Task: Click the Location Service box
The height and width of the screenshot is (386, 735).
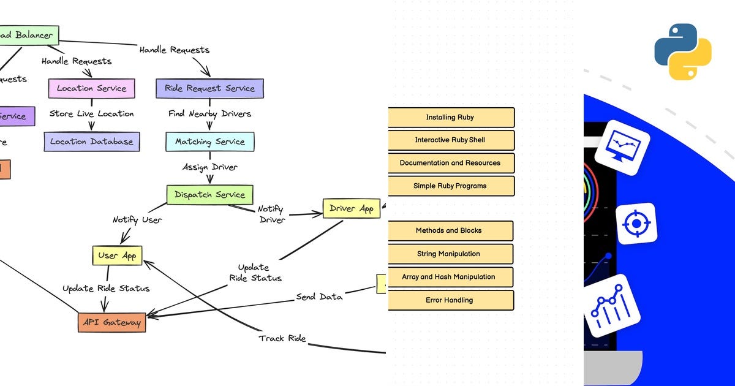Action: coord(91,88)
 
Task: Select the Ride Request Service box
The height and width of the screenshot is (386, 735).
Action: coord(209,88)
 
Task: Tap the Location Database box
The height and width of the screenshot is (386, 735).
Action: coord(92,142)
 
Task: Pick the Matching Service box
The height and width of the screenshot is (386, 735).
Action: coord(209,142)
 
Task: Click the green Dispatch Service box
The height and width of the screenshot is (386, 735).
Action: coord(209,195)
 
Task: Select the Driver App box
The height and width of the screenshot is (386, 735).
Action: coord(351,208)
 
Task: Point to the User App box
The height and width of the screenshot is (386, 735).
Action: coord(117,255)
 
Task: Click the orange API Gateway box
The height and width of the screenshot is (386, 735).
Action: coord(112,322)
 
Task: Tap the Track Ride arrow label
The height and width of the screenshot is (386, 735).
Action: coord(282,338)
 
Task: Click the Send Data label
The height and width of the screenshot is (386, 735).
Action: coord(319,297)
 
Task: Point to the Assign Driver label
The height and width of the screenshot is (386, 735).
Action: coord(209,167)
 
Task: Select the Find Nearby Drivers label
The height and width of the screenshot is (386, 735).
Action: coord(209,113)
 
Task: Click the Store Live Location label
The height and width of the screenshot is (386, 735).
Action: coord(91,113)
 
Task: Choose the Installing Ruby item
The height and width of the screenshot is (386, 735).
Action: coord(450,117)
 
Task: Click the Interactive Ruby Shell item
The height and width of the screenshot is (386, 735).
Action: coord(450,140)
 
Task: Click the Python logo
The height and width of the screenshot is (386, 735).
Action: coord(683,51)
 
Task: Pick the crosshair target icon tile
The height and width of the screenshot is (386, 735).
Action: coord(636,224)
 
